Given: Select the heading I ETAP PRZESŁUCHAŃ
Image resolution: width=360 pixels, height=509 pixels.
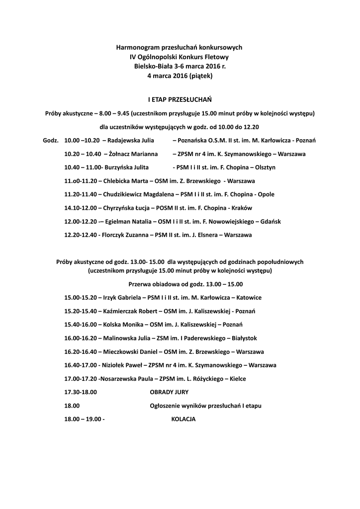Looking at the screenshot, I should (x=180, y=99).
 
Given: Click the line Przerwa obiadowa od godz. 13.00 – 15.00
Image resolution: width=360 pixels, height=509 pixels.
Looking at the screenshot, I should (x=185, y=284).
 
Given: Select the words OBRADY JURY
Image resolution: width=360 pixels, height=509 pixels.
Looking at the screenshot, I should (x=169, y=392).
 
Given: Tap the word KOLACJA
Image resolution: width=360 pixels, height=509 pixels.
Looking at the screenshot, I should (x=183, y=419).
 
